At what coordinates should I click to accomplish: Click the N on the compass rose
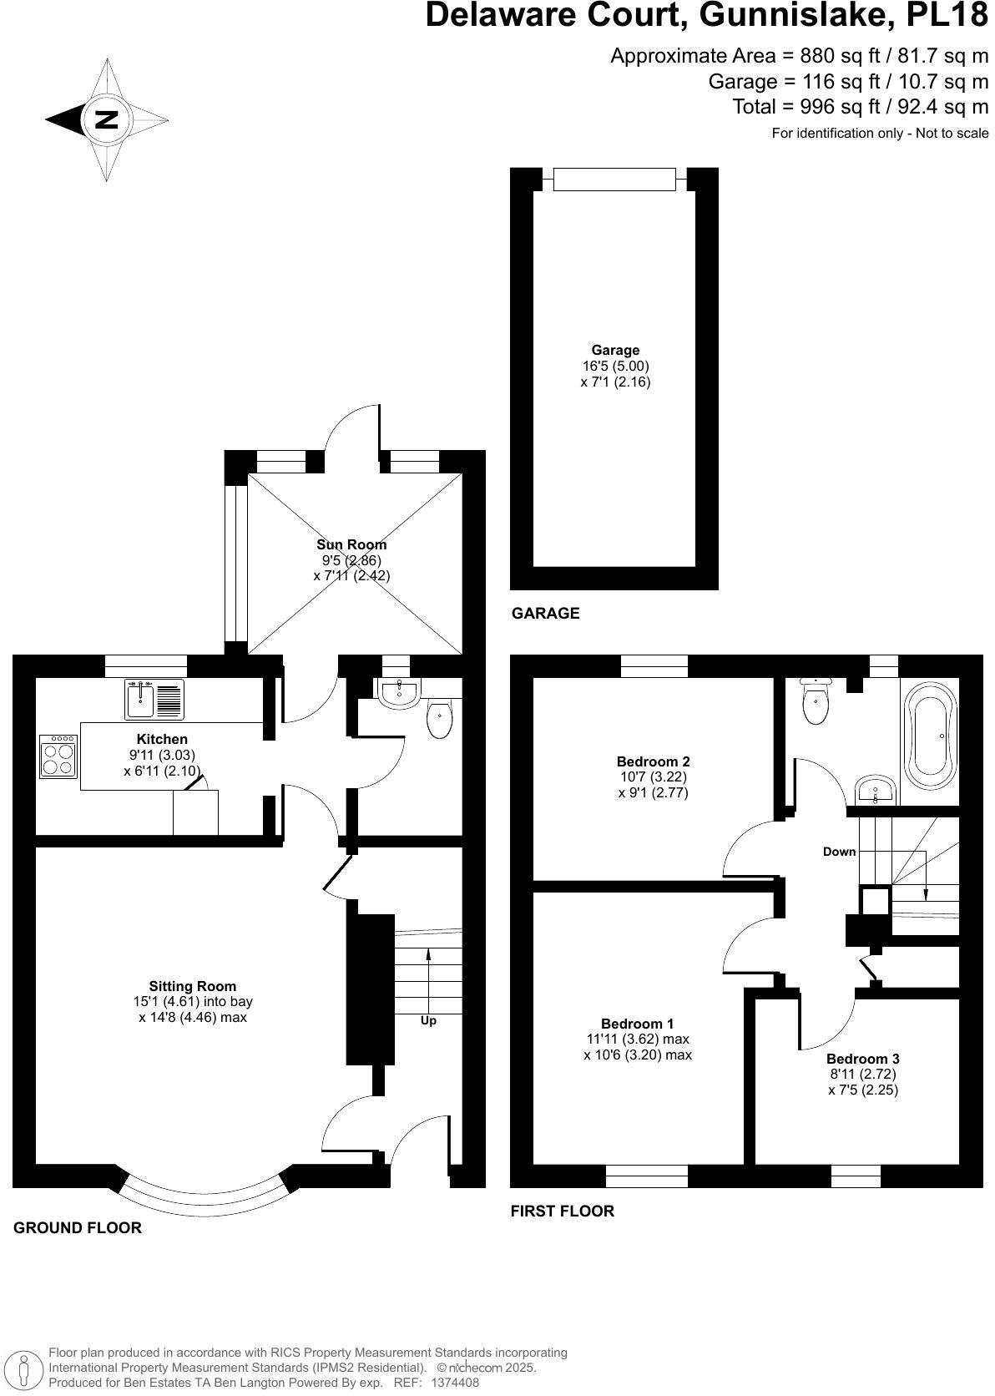pyautogui.click(x=107, y=119)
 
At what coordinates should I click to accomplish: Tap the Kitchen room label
pyautogui.click(x=162, y=739)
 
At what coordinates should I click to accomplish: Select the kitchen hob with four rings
pyautogui.click(x=58, y=756)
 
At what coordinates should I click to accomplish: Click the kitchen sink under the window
pyautogui.click(x=154, y=699)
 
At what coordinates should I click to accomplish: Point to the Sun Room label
pyautogui.click(x=351, y=544)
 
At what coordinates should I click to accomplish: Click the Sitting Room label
pyautogui.click(x=193, y=986)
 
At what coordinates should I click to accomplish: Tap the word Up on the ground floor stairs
pyautogui.click(x=428, y=1020)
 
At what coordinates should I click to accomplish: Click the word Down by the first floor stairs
pyautogui.click(x=839, y=852)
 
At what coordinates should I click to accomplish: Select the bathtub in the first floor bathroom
pyautogui.click(x=930, y=736)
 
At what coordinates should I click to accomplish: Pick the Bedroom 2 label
pyautogui.click(x=653, y=761)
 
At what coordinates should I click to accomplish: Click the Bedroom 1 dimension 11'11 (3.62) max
pyautogui.click(x=638, y=1039)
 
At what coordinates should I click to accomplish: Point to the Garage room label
pyautogui.click(x=615, y=351)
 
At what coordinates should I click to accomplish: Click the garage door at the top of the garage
pyautogui.click(x=614, y=179)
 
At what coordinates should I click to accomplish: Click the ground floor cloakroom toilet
pyautogui.click(x=439, y=720)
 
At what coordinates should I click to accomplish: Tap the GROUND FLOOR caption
pyautogui.click(x=78, y=1227)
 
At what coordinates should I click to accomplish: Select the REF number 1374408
pyautogui.click(x=454, y=1383)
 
